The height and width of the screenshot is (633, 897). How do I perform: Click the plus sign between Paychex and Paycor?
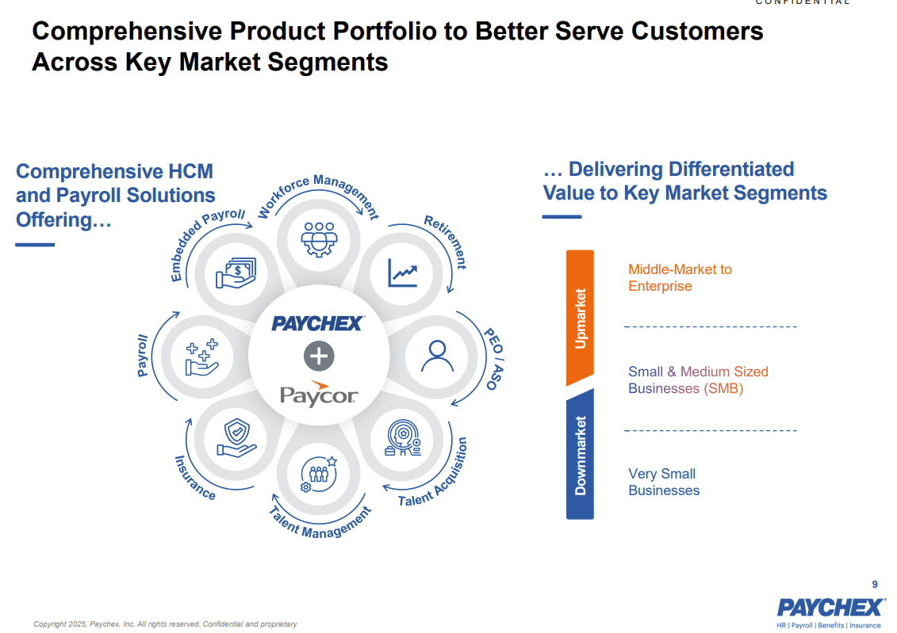point(319,356)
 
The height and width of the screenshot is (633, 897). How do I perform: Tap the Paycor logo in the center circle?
point(319,394)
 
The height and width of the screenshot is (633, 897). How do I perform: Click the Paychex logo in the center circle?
point(318,323)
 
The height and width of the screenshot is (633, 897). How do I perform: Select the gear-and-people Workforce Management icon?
point(319,239)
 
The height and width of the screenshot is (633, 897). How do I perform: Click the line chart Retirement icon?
point(403,273)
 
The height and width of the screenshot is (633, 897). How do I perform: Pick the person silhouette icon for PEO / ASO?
point(437,356)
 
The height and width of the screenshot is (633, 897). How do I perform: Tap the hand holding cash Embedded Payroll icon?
point(236,273)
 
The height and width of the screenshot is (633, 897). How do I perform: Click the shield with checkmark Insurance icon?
point(236,438)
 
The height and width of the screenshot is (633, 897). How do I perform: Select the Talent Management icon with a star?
point(319,474)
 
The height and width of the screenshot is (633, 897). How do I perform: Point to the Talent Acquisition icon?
point(404,438)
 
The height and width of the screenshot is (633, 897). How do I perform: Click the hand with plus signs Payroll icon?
point(202,357)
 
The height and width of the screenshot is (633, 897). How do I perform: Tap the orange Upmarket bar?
point(580,318)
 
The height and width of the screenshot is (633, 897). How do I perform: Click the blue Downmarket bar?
point(580,454)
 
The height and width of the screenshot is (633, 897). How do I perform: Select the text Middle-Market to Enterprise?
point(680,277)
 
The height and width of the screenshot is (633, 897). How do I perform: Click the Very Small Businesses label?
point(664,482)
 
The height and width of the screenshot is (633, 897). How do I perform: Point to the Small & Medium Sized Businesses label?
point(698,380)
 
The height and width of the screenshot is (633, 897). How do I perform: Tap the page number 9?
point(875,585)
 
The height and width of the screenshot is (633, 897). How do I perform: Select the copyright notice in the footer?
point(165,623)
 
